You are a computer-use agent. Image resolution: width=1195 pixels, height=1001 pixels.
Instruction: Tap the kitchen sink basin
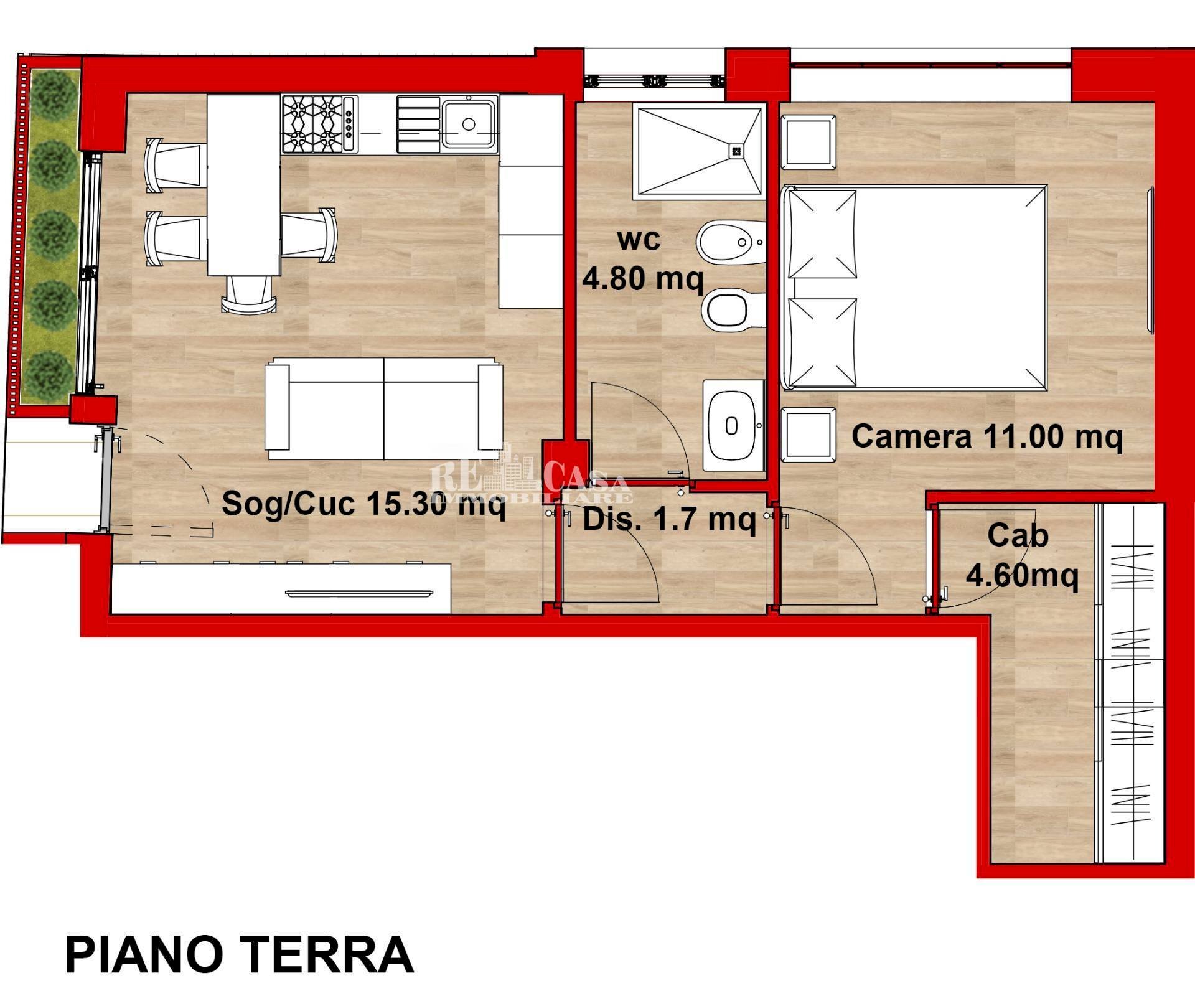point(469,124)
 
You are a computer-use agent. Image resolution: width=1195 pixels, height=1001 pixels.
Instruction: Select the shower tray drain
point(737,150)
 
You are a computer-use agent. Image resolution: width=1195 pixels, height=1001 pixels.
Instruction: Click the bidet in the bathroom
point(730,242)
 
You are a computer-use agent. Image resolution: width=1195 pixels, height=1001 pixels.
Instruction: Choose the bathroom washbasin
point(732,426)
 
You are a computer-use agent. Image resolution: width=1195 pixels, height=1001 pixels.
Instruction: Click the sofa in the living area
point(384,408)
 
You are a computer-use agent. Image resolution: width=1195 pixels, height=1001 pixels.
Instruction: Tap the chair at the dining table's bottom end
point(249,294)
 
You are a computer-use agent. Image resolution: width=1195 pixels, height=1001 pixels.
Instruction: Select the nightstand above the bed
point(808,142)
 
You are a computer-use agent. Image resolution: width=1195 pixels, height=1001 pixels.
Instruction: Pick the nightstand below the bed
point(808,435)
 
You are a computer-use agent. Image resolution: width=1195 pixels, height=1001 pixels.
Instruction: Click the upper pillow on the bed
point(822,233)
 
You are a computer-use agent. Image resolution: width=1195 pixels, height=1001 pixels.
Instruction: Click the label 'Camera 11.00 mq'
point(986,436)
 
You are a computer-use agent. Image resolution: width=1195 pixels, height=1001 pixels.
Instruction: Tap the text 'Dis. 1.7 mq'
point(669,519)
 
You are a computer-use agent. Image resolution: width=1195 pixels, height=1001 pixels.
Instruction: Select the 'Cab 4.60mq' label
point(1021,555)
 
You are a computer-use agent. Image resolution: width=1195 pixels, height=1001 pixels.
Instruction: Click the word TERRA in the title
point(327,954)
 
